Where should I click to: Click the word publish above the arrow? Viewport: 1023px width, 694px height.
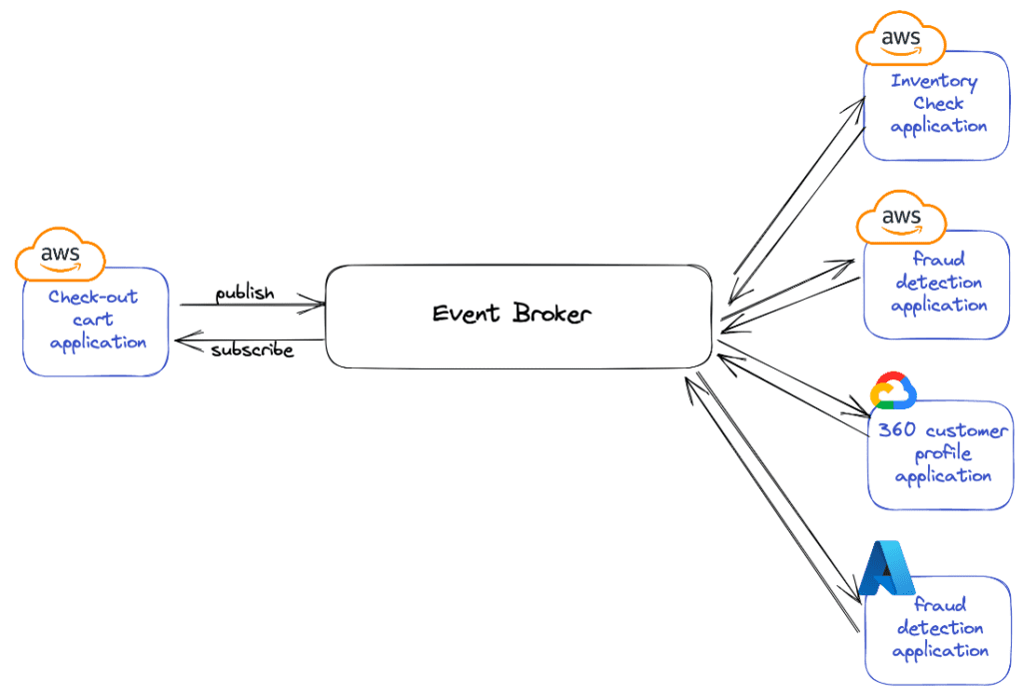(x=245, y=293)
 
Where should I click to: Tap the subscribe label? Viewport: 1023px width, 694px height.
(x=252, y=350)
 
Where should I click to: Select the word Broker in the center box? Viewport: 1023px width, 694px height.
(x=552, y=314)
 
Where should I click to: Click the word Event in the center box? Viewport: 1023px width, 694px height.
(x=467, y=314)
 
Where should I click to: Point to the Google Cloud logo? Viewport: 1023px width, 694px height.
(x=893, y=391)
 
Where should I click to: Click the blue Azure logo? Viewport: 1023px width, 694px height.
(x=887, y=569)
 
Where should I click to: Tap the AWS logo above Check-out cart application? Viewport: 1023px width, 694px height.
(x=61, y=255)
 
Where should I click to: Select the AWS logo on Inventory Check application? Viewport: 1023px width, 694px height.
(x=901, y=39)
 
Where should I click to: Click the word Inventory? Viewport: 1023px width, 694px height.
(x=934, y=82)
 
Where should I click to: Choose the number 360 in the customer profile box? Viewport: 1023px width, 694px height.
(x=898, y=430)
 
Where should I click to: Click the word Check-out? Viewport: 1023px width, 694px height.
(x=93, y=297)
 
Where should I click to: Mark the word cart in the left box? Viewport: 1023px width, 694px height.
(x=93, y=320)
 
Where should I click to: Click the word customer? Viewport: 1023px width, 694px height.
(x=966, y=430)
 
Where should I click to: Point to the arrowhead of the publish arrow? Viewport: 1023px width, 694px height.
(x=321, y=304)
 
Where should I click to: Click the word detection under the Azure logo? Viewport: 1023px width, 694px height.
(x=940, y=628)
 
